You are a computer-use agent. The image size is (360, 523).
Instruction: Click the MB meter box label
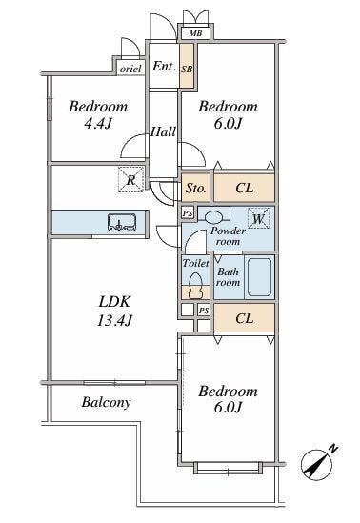tap(195, 33)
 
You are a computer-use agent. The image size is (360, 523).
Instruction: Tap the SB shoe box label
tap(187, 70)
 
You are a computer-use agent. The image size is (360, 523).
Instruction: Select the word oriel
tap(130, 69)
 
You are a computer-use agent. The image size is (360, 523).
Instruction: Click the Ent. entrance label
tap(164, 66)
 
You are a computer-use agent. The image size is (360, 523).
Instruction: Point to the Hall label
tap(163, 131)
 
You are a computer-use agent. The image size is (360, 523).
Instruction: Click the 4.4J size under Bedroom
tap(98, 124)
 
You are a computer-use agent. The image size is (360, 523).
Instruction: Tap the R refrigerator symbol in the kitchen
tap(131, 180)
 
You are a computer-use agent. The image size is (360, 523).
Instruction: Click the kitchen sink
tap(122, 223)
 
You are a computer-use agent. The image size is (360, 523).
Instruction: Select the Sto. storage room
tap(195, 188)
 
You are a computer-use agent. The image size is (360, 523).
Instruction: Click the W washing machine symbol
tap(258, 218)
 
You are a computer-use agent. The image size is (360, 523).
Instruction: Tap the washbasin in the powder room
tap(212, 218)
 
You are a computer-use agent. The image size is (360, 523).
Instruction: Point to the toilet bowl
tap(195, 286)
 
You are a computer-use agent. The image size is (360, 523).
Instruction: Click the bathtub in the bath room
tap(259, 277)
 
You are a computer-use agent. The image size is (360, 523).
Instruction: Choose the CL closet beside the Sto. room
tap(245, 188)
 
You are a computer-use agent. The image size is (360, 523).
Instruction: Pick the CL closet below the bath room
tap(245, 318)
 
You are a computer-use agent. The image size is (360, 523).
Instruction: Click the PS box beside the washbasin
tap(188, 213)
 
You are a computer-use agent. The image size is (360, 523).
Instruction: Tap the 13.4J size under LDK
tap(115, 320)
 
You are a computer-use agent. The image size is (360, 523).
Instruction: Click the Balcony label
tap(106, 402)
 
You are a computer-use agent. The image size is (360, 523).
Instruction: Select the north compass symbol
tap(317, 463)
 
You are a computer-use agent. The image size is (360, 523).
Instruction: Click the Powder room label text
tap(228, 236)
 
